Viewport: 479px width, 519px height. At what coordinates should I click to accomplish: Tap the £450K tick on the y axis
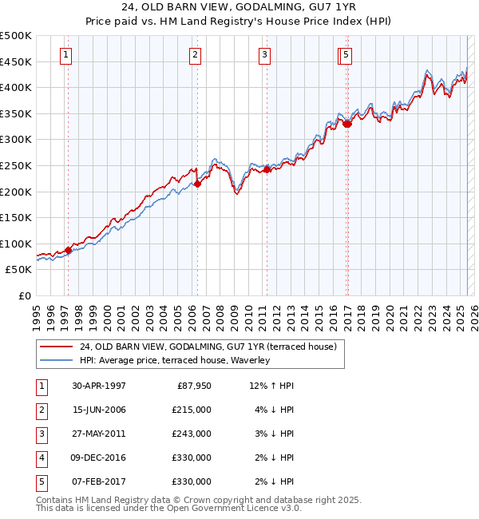[16, 61]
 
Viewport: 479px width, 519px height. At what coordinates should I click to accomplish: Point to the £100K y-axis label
[16, 244]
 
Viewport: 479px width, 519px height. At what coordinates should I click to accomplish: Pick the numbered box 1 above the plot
[65, 55]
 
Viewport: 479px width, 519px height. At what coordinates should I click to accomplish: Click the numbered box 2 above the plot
[195, 55]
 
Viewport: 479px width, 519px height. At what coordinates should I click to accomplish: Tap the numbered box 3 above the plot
[264, 55]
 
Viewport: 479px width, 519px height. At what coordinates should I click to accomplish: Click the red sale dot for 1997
[69, 250]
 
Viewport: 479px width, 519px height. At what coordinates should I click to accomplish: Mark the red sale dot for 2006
[197, 184]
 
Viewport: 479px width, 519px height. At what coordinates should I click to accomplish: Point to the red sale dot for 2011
[267, 169]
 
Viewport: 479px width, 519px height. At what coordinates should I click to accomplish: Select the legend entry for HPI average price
[175, 360]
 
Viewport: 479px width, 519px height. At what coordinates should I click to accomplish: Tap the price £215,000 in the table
[192, 410]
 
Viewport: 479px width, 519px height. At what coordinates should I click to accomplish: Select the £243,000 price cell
[192, 434]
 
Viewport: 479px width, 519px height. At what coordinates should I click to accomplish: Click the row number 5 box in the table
[41, 481]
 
